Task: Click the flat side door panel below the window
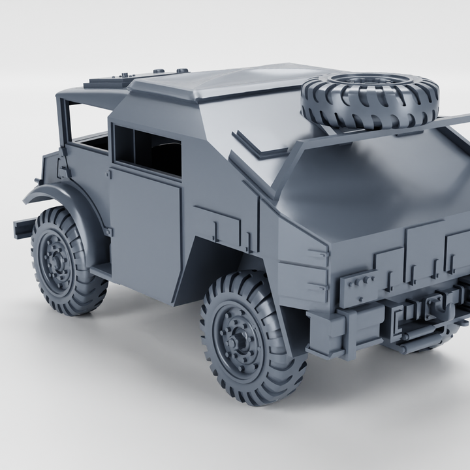(x=145, y=228)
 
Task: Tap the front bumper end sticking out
(x=22, y=227)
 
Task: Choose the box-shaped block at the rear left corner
(x=326, y=333)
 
